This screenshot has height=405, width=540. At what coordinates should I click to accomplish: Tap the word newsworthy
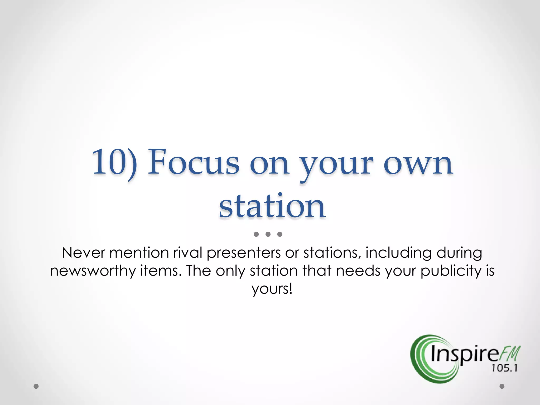point(92,271)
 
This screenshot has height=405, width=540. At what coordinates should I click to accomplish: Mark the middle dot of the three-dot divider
point(268,234)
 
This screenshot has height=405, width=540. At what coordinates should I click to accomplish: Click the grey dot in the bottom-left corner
point(36,387)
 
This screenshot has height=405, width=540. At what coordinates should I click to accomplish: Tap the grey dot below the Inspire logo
point(502,386)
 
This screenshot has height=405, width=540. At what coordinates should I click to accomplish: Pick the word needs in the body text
point(358,271)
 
